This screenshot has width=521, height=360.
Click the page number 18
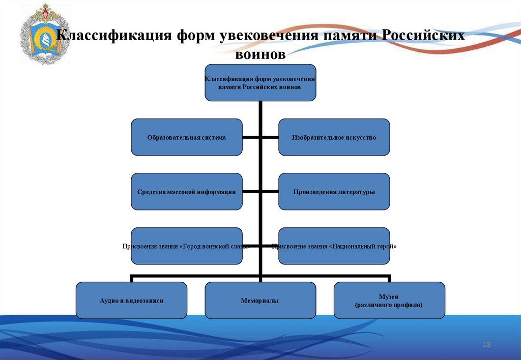(x=486, y=345)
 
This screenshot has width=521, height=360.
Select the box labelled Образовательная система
(x=187, y=137)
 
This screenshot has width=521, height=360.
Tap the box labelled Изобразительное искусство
(x=334, y=137)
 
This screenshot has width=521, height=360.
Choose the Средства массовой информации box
(x=187, y=192)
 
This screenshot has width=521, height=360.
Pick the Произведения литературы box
(x=334, y=192)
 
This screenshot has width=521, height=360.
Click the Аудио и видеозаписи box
(x=131, y=301)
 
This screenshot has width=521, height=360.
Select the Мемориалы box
(x=260, y=301)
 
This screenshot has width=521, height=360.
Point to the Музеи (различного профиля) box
(x=389, y=301)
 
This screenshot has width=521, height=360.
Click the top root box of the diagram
(x=260, y=82)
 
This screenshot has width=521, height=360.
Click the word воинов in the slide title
(x=260, y=54)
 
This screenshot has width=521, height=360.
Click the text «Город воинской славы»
(x=216, y=246)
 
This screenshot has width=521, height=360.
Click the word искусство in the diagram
(x=357, y=137)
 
